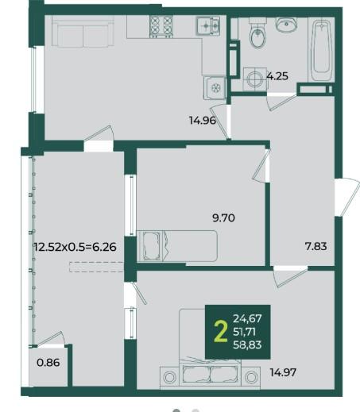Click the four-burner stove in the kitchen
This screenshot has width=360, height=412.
point(161,26)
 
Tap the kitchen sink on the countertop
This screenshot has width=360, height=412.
point(208,25)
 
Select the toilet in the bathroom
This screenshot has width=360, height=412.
point(257,33)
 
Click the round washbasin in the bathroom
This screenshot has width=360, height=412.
point(287,25)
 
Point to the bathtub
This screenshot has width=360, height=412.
point(321,50)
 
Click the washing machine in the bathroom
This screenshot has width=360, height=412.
point(255,79)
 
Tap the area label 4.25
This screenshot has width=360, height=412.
point(277,76)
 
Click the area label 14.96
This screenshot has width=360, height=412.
point(203,121)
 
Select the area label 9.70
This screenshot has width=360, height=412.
point(223,218)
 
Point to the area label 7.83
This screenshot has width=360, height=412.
point(316,246)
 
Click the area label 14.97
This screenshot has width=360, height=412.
point(283,372)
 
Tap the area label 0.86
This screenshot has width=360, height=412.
point(48,363)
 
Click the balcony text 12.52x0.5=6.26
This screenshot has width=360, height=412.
point(75,247)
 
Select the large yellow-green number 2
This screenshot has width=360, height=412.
point(221,332)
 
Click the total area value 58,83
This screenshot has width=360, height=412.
point(247,345)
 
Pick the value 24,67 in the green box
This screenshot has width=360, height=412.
point(247,318)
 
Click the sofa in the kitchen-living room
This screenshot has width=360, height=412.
point(83,31)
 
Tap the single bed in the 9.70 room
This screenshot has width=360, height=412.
point(177,246)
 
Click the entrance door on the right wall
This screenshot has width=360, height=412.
point(347,197)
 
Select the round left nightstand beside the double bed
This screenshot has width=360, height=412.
point(170,377)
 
